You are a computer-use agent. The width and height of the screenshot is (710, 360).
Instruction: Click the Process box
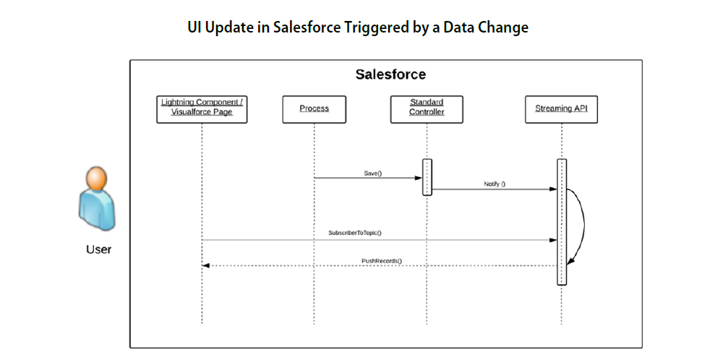pos(315,109)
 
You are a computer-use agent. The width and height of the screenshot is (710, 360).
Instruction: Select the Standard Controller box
pos(427,109)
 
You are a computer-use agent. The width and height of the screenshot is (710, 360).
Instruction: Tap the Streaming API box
pos(562,109)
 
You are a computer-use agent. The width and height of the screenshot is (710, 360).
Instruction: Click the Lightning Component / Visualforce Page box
pos(202,109)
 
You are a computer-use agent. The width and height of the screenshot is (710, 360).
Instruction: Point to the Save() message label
pos(373,173)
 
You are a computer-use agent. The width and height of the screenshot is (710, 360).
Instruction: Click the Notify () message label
pos(495,184)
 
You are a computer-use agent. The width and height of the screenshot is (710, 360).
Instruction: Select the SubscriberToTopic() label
pos(355,233)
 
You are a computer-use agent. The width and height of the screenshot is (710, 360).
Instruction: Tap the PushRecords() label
pos(382,261)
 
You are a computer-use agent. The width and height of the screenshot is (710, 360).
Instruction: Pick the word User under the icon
pos(99,249)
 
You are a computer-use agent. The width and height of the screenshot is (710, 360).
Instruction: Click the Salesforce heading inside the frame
pos(390,74)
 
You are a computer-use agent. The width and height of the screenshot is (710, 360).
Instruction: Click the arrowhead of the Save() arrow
pos(419,178)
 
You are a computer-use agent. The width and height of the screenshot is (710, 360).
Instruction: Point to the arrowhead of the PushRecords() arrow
pos(206,266)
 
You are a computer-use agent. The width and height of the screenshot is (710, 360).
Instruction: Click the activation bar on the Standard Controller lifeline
pos(427,177)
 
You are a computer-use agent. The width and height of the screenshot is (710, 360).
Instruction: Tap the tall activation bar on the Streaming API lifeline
pos(562,222)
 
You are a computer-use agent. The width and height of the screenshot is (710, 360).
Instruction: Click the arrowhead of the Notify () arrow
pos(553,189)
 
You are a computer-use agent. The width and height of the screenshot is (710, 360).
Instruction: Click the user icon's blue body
pos(98,209)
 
